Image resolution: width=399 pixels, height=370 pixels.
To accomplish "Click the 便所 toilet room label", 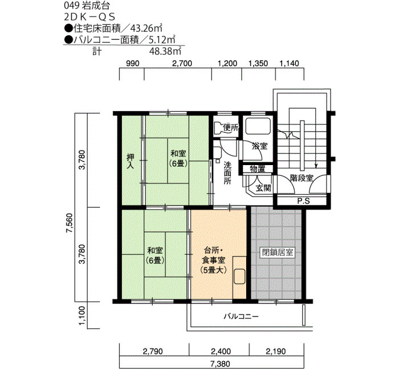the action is coord(230,128).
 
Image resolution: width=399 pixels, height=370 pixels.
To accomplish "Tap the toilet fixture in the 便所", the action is coord(218,128).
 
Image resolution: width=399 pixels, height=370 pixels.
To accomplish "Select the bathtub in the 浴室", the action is coord(257,126).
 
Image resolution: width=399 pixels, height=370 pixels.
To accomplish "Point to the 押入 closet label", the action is coord(131,162).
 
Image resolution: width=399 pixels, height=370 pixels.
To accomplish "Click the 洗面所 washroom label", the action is coord(227,173).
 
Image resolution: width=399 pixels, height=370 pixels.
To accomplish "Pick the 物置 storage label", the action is coord(257,169).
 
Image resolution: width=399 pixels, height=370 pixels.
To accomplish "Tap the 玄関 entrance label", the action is coord(263,188).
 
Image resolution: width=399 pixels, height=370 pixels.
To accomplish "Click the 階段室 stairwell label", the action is coord(302,178).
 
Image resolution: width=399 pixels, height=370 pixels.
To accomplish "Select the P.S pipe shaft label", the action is coord(304,201).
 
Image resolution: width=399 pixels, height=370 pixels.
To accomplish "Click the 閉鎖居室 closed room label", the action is coord(278,253).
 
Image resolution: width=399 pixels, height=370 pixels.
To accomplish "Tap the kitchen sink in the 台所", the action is coord(239,276).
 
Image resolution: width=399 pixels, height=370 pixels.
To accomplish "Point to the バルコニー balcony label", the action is coord(241,316).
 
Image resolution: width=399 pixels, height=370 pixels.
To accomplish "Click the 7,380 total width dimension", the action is coord(221,364).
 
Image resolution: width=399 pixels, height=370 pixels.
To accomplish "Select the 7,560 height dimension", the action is coord(70,223).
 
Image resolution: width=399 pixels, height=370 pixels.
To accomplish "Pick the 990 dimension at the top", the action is coord(133,63).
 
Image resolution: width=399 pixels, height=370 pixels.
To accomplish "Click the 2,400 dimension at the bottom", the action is coord(221,351).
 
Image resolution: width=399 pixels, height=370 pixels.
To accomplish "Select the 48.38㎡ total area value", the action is coord(165,51).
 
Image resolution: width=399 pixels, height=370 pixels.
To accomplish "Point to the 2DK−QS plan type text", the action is coord(89,17).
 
